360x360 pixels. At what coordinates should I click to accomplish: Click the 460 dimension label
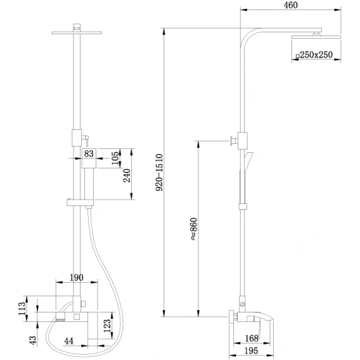click(290, 5)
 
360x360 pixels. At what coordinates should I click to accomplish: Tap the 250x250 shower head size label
click(316, 55)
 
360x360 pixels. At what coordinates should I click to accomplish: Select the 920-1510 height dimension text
click(159, 172)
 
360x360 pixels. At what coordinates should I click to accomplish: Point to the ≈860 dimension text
click(193, 229)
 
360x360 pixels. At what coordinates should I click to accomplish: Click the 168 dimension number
click(252, 338)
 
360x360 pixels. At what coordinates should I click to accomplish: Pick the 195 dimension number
click(251, 351)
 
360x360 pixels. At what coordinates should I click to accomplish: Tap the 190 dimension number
click(77, 278)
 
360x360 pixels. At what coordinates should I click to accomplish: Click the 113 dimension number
click(22, 309)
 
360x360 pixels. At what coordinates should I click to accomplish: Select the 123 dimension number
click(107, 326)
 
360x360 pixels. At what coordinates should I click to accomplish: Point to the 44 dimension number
click(69, 341)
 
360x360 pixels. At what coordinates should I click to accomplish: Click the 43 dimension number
click(34, 340)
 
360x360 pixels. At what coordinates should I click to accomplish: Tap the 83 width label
click(89, 153)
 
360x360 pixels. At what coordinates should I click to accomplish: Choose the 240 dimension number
click(127, 176)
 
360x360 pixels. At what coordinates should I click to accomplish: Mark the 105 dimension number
click(116, 158)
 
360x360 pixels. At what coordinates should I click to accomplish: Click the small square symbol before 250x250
click(297, 56)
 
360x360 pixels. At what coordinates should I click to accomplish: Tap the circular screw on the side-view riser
click(243, 304)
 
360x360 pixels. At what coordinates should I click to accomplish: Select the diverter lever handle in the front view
click(85, 140)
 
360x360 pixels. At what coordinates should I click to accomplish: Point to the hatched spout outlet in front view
click(61, 318)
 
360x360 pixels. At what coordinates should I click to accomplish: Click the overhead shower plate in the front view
click(77, 32)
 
